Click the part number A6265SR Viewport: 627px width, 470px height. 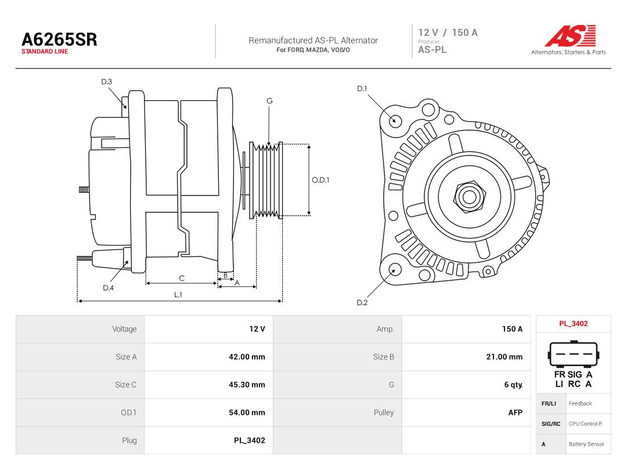59,39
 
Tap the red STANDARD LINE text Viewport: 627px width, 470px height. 45,52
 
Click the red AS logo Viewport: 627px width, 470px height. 570,36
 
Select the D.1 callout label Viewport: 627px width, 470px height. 362,88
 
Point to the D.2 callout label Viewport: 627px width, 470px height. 362,302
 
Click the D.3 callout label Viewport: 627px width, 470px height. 106,82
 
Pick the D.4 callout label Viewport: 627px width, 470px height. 108,288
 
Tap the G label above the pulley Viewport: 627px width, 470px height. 269,101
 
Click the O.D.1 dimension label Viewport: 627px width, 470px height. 320,180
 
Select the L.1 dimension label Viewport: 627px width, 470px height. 178,295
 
